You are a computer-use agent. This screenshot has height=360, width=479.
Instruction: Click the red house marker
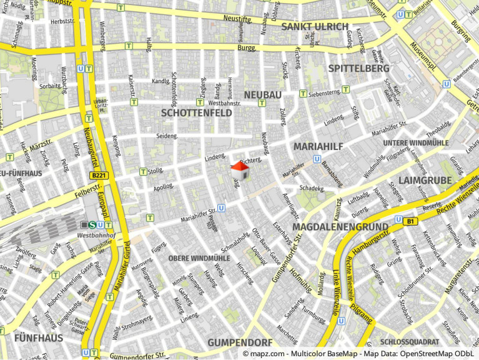click(x=240, y=171)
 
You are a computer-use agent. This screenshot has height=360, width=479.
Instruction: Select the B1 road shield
click(x=410, y=221)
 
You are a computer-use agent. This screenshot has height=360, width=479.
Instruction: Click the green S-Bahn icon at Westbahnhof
click(x=92, y=225)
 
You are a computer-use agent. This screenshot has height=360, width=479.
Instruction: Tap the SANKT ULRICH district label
click(x=314, y=26)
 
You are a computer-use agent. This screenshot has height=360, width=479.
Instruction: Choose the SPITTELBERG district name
click(x=358, y=68)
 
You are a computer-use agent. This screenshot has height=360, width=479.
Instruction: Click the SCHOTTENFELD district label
click(x=196, y=113)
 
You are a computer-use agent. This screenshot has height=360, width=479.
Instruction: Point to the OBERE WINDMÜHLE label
click(x=199, y=258)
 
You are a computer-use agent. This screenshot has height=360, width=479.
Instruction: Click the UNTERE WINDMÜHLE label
click(x=415, y=143)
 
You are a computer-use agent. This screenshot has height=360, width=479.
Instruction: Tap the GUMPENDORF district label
click(x=240, y=342)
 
